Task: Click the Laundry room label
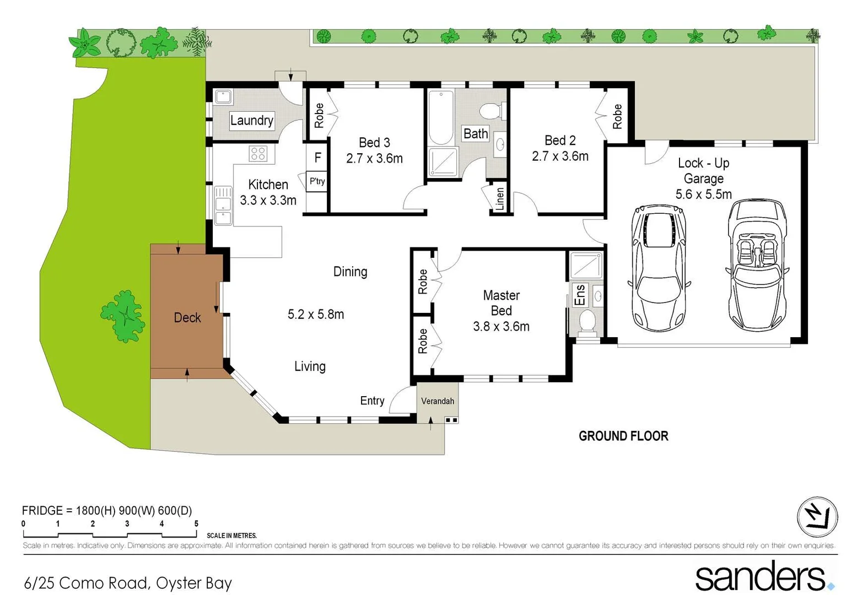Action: [x=251, y=120]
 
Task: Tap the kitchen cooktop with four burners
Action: [x=258, y=154]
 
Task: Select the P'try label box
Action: [x=317, y=181]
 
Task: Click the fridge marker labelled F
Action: [x=317, y=158]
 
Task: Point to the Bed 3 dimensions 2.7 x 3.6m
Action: [x=374, y=159]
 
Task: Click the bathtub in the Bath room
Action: [x=441, y=117]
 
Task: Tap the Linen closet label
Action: [x=499, y=198]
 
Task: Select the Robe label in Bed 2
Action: [x=617, y=116]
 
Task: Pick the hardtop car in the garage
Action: [x=659, y=268]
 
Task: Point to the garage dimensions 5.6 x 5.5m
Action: [x=703, y=194]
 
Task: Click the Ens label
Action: [x=580, y=295]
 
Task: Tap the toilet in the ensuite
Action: [x=588, y=322]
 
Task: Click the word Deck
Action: [x=187, y=317]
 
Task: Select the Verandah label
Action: [x=438, y=401]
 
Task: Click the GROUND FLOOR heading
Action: [x=623, y=436]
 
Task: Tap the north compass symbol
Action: [x=817, y=517]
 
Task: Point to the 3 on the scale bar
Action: [x=127, y=524]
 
